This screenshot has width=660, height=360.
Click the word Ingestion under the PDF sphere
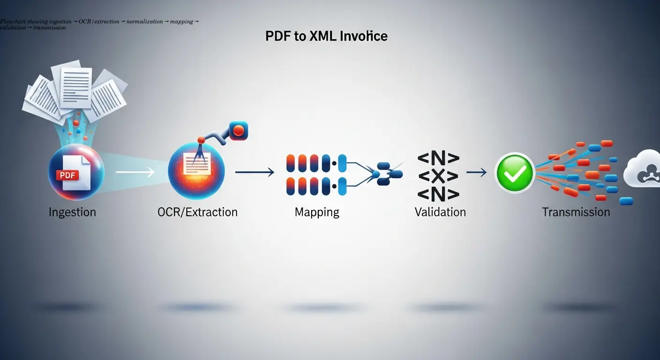72,212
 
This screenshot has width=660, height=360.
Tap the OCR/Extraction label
198,212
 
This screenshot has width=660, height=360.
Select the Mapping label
317,212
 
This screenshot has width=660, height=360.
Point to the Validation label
440,212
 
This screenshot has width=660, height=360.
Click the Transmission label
576,212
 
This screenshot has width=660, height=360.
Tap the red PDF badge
67,175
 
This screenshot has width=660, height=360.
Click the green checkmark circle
514,172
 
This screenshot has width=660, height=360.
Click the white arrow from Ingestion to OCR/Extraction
135,172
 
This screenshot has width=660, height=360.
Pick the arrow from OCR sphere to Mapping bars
255,172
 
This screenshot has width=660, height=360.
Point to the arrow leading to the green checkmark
477,172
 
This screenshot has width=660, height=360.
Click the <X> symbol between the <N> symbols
438,176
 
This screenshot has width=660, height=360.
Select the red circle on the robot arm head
239,131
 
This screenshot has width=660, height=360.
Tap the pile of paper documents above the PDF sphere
75,91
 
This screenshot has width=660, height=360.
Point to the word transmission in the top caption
50,28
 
